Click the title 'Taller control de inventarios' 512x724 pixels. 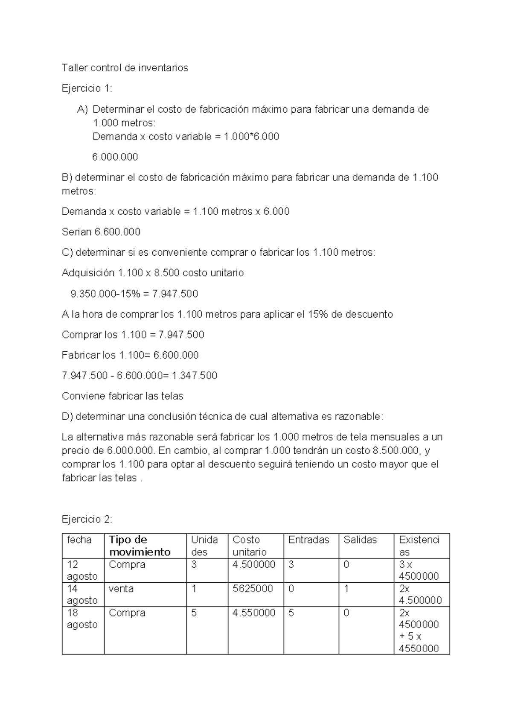[x=125, y=68]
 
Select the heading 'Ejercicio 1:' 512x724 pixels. [x=87, y=88]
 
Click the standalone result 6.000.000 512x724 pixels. [x=115, y=157]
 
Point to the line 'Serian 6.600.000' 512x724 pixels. [x=101, y=232]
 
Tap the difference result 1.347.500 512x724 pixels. [x=195, y=376]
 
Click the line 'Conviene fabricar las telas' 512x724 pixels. [x=122, y=396]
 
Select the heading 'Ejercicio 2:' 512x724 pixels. [x=87, y=519]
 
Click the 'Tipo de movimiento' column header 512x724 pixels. [x=140, y=546]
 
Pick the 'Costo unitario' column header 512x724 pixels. [x=250, y=546]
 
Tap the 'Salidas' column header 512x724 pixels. [x=360, y=540]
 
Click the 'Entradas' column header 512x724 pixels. [x=308, y=540]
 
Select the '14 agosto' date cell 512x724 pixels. [x=82, y=594]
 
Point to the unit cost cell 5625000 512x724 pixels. [x=253, y=589]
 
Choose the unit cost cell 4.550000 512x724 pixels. [x=254, y=613]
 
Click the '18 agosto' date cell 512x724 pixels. [x=82, y=619]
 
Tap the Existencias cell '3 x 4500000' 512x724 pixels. [x=419, y=570]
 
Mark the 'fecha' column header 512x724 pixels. [x=79, y=540]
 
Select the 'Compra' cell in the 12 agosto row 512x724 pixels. [x=127, y=564]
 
